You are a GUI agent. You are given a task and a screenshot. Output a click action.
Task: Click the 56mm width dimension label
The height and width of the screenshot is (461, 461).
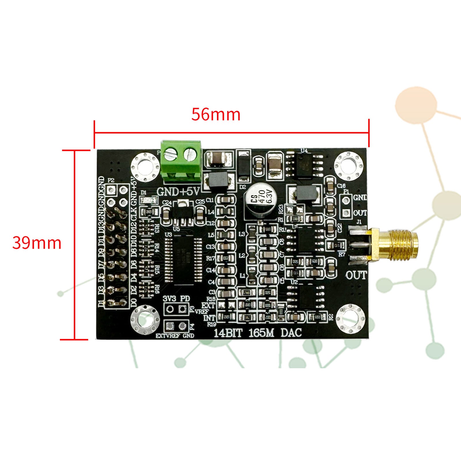216,114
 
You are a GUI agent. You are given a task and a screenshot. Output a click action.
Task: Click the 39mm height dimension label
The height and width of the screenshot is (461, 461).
37,243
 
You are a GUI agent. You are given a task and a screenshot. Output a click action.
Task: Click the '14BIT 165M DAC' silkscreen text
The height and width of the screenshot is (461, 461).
257,333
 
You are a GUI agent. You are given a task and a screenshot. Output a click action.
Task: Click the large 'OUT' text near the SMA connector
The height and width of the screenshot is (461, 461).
356,275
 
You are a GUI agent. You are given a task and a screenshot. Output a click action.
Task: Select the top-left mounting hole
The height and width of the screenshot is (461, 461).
145,167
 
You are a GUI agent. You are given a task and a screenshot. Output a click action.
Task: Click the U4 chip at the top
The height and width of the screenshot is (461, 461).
306,165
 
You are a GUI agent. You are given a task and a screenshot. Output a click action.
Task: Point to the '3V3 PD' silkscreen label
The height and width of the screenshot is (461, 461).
176,298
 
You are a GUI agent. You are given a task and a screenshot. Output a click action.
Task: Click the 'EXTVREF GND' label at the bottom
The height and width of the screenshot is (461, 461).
175,336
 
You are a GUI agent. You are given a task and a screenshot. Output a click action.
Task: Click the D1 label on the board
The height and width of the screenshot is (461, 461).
143,192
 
